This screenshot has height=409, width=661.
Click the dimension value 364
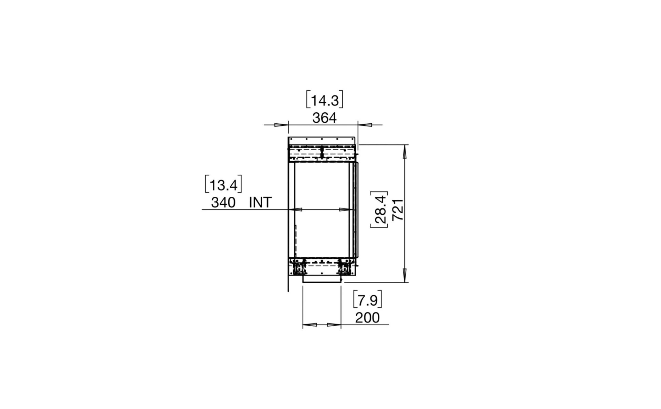click(x=324, y=118)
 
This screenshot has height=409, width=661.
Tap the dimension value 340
click(x=223, y=203)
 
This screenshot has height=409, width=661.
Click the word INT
click(x=260, y=203)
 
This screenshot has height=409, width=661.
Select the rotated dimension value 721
click(x=398, y=210)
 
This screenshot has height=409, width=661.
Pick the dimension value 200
click(x=367, y=318)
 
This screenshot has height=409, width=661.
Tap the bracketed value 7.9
click(x=368, y=301)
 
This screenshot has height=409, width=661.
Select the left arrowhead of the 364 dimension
click(x=281, y=125)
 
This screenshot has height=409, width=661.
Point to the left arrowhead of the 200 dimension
click(x=310, y=325)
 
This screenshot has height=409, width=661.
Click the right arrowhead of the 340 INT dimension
click(x=345, y=209)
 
